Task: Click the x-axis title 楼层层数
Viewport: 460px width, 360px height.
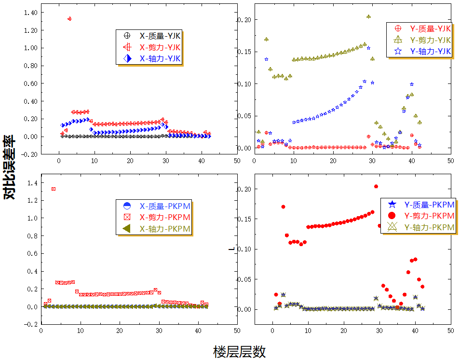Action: coord(239,351)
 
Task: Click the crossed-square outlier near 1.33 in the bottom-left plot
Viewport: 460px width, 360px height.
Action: coord(54,189)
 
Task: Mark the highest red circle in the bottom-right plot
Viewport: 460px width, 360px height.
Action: coord(376,186)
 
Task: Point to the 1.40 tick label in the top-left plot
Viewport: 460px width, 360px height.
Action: coord(29,13)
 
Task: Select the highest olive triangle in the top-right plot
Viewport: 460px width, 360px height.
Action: coord(368,16)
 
